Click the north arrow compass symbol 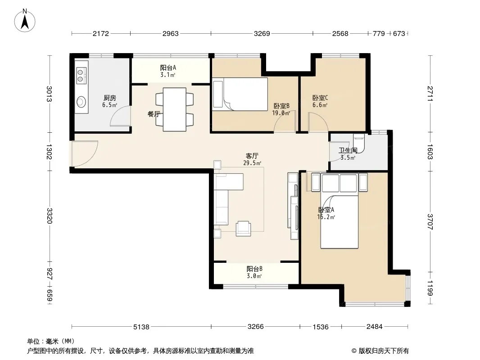[x=25, y=21]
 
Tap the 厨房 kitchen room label [x=109, y=98]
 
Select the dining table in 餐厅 [x=175, y=109]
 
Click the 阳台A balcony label [x=168, y=67]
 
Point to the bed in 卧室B [x=240, y=94]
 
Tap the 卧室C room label [x=320, y=98]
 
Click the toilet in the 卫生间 [x=359, y=143]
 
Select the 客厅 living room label [x=252, y=156]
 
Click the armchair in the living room [x=243, y=229]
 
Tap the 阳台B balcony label [x=254, y=269]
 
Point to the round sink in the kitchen [x=81, y=102]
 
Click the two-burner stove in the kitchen [x=81, y=76]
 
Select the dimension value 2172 [x=101, y=33]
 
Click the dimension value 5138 [x=141, y=327]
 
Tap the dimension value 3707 [x=430, y=222]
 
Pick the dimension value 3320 [x=50, y=216]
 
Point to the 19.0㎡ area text [x=281, y=113]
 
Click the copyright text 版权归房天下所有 [x=383, y=351]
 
